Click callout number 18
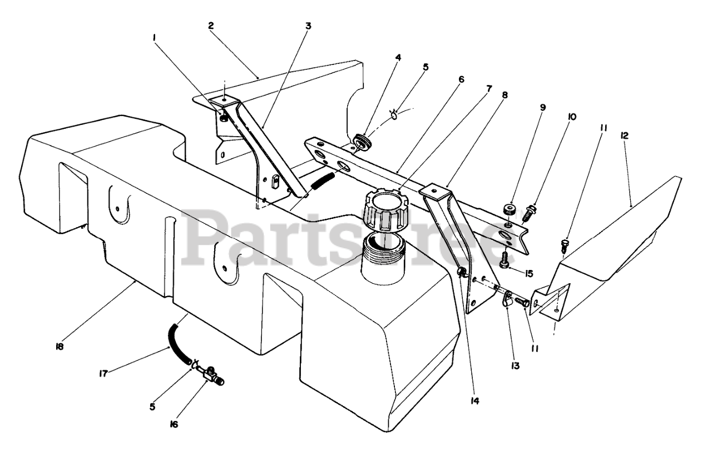(x=60, y=347)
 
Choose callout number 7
(x=489, y=88)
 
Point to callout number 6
(x=461, y=79)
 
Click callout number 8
(x=505, y=95)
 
